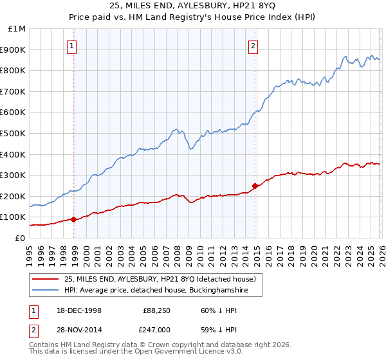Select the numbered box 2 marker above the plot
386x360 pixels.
253,46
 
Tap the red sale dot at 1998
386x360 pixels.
74,219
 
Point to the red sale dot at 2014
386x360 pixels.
255,186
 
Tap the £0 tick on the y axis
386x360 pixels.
19,238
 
